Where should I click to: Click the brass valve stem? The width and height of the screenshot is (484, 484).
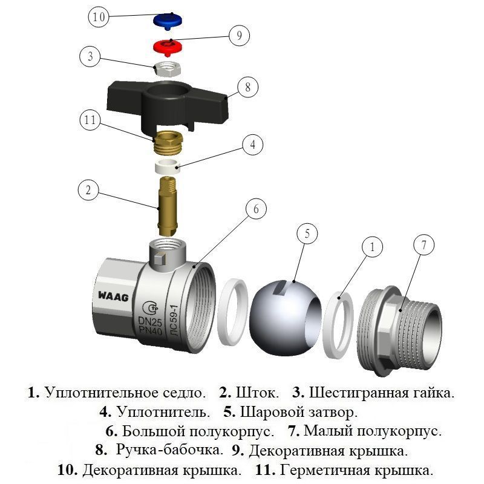166,206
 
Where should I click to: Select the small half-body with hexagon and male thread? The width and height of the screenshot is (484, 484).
402,327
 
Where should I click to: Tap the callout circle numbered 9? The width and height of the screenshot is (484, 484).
239,36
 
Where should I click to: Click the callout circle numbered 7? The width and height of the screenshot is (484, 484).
424,246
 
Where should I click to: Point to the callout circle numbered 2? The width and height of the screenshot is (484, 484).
88,192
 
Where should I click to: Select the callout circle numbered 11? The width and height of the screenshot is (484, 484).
90,120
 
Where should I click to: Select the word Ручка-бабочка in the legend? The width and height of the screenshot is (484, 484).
169,451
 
